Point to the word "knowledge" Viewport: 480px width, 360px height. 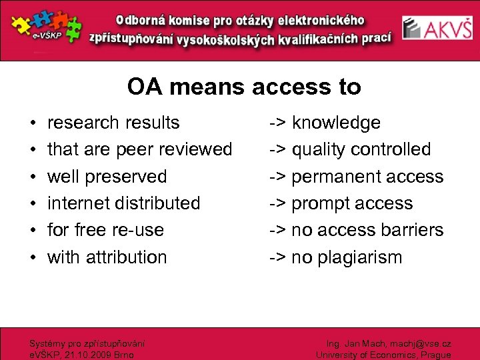[336, 123]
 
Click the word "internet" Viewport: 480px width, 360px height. [78, 203]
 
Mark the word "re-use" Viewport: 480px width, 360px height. [139, 230]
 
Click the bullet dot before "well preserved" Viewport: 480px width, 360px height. [32, 177]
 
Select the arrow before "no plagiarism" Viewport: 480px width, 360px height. [277, 257]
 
